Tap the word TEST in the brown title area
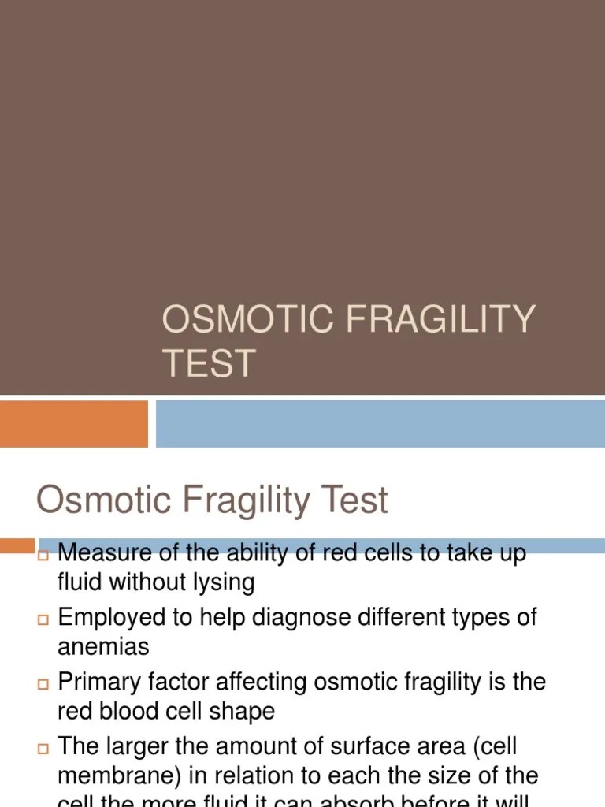tap(209, 363)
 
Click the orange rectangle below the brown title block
tap(73, 423)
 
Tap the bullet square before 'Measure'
tap(43, 556)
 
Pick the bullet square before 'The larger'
tap(43, 747)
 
